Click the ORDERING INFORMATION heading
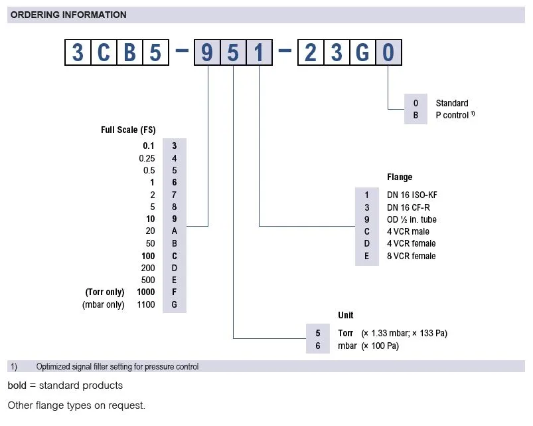pos(68,15)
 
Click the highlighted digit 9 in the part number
pos(207,52)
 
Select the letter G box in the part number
pos(362,52)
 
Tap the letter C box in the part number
pos(104,52)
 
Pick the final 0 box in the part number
pos(388,52)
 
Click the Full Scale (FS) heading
pos(128,130)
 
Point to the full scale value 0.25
pos(147,158)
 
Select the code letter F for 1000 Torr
pos(174,292)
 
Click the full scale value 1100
pos(145,305)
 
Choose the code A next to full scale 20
pos(174,231)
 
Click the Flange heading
pos(400,177)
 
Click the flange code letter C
pos(367,231)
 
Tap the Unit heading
pos(346,315)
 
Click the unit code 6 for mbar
pos(317,346)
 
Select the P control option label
pos(453,115)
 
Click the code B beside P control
pos(416,115)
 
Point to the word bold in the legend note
pos(17,385)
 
